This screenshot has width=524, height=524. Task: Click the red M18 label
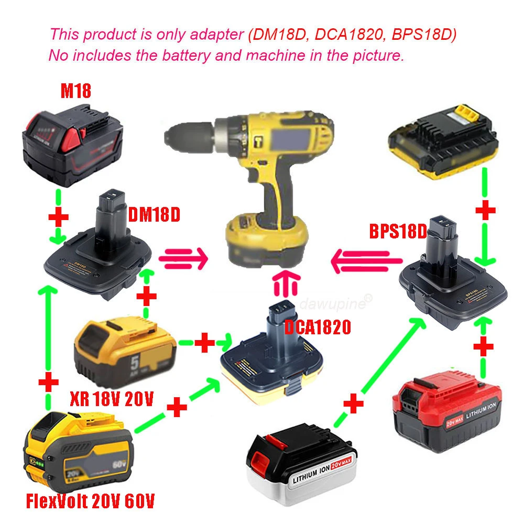click(76, 91)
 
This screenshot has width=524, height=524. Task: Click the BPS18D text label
click(398, 231)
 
